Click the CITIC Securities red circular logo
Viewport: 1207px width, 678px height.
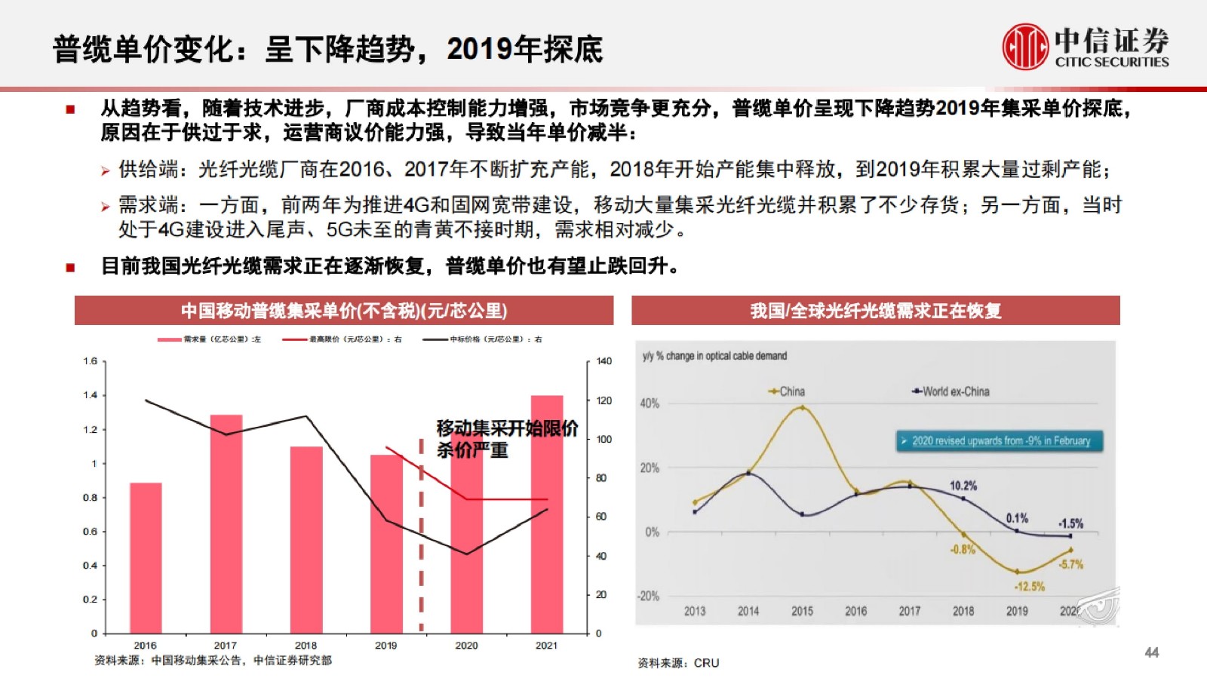coord(1025,47)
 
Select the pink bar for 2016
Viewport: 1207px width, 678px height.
coord(146,558)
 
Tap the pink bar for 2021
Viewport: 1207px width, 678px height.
coord(547,514)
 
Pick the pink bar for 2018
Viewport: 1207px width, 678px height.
coord(306,539)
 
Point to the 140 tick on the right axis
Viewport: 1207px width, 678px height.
coord(603,361)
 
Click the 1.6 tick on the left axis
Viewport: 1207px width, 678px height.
coord(91,361)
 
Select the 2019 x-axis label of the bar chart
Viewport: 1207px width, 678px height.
coord(385,646)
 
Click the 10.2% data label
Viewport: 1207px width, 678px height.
coord(963,486)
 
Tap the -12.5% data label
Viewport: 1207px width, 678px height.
coord(1030,586)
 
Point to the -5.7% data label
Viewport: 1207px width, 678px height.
coord(1071,564)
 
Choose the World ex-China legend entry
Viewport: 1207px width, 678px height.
coord(951,391)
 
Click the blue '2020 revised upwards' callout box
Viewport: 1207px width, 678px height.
coord(1000,441)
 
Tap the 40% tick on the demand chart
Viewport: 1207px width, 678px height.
coord(650,403)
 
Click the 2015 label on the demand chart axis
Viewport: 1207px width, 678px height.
coord(802,611)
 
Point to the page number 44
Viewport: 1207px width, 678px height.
coord(1151,652)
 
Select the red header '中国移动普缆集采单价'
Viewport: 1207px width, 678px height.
coord(344,311)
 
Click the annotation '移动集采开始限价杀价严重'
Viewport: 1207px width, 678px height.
coord(507,439)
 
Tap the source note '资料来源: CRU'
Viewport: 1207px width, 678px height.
coord(678,663)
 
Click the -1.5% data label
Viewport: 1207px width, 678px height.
coord(1070,523)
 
